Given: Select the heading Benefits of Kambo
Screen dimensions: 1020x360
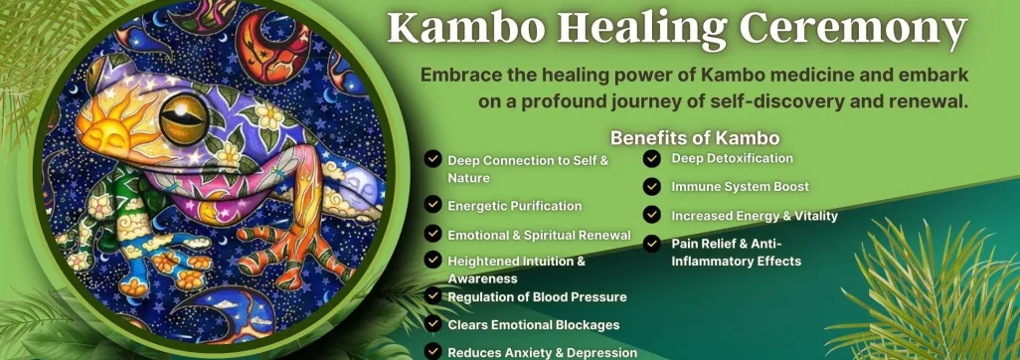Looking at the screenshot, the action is (x=695, y=138).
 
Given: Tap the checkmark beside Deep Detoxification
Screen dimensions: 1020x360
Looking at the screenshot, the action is (x=652, y=158).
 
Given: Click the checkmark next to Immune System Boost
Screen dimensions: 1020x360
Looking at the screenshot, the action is (x=652, y=187).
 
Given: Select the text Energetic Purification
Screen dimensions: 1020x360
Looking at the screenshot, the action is (x=515, y=206).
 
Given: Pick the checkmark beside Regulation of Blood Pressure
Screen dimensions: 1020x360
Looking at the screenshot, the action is (x=432, y=296).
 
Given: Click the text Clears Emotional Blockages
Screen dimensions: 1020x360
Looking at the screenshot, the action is (x=534, y=324).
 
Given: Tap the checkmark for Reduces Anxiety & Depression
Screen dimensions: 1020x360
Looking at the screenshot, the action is (x=432, y=351).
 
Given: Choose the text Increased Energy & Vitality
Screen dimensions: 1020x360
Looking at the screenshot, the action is (x=755, y=216).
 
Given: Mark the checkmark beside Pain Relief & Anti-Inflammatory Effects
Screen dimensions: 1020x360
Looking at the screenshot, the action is (x=652, y=244).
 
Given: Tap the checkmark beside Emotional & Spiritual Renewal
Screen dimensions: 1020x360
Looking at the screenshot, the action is (x=432, y=233).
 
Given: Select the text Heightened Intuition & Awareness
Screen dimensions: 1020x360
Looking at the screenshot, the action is (x=517, y=270).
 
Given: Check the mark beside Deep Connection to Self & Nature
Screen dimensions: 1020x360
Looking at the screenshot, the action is (x=432, y=158).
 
